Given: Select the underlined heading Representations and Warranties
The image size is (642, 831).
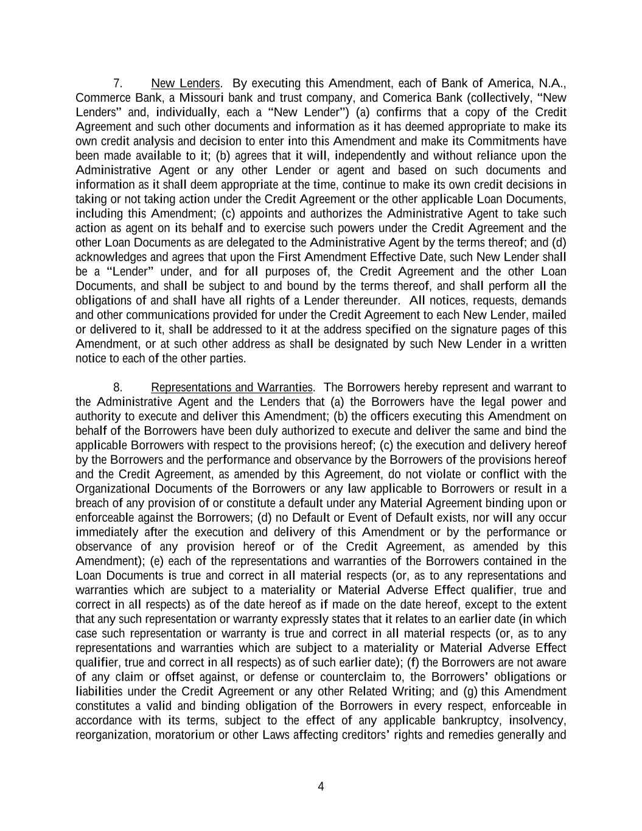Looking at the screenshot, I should point(231,388).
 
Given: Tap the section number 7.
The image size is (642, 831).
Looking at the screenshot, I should point(119,83).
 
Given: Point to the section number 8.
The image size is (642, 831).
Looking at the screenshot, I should point(119,388).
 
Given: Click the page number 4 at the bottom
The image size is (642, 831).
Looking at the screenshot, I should point(321,787).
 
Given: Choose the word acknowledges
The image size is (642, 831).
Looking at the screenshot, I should point(111,258).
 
